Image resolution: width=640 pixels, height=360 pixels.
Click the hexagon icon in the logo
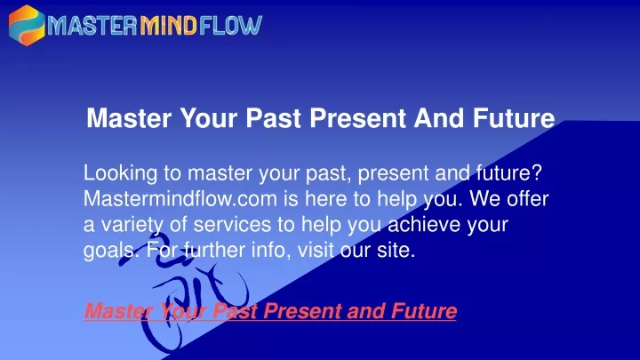tap(27, 25)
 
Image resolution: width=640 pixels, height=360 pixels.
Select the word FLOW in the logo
tap(230, 26)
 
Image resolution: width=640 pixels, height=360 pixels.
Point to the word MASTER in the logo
tap(92, 26)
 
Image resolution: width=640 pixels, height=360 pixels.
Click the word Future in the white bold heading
tap(514, 118)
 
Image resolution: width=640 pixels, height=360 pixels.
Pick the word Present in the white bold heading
tap(357, 118)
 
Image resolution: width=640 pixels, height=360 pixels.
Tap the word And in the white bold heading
tap(439, 118)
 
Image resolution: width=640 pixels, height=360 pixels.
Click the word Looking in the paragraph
tap(120, 174)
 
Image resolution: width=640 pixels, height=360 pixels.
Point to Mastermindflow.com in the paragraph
tap(180, 199)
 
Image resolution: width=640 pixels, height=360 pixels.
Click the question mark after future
tap(537, 172)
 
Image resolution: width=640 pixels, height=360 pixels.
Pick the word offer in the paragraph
tap(528, 199)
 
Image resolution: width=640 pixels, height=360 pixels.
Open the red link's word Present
tap(301, 311)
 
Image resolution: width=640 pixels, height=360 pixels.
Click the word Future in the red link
tap(424, 311)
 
